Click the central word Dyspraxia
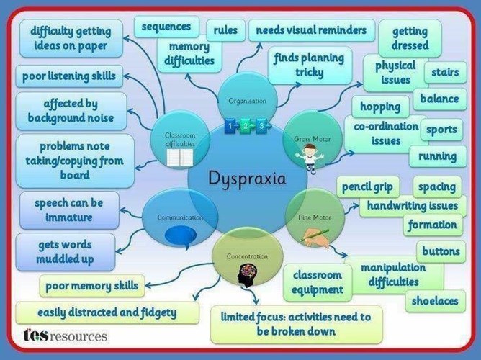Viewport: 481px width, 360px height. click(247, 179)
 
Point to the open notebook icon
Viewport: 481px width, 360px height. click(180, 158)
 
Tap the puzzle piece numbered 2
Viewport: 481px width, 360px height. click(246, 126)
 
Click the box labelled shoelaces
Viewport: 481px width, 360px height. click(435, 301)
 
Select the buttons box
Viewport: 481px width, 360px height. click(441, 251)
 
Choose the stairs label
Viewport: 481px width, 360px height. click(446, 73)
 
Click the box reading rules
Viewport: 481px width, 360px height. click(225, 30)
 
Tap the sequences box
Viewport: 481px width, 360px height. click(166, 27)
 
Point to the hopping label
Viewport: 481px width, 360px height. click(380, 107)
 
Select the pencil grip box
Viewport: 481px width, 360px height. click(367, 187)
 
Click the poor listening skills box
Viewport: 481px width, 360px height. click(69, 76)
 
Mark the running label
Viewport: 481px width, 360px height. click(438, 156)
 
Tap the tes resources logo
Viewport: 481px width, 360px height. click(66, 336)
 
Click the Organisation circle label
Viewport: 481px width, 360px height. click(248, 101)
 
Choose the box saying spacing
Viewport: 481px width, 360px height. click(437, 187)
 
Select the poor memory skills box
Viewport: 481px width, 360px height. click(92, 286)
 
